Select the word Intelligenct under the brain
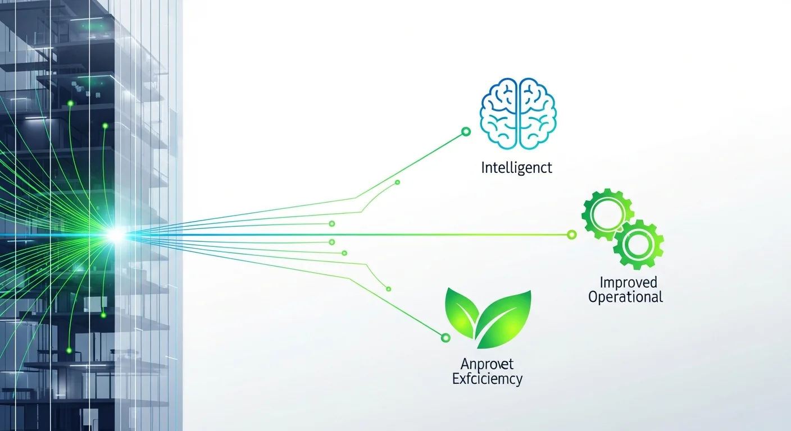coord(517,167)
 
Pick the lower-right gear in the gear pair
coord(638,245)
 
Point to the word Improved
coord(628,282)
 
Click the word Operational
coord(626,296)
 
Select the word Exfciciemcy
coord(487,379)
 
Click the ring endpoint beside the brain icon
coord(465,132)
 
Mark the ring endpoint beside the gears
coord(572,235)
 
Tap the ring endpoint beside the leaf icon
coord(445,338)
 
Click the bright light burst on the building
coord(116,236)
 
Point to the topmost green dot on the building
coord(70,103)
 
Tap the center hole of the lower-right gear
coord(638,245)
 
